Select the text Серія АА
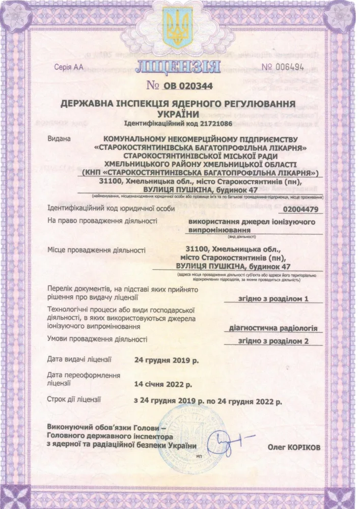click(x=71, y=67)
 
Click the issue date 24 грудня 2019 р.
click(x=165, y=360)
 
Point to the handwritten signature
click(x=228, y=439)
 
